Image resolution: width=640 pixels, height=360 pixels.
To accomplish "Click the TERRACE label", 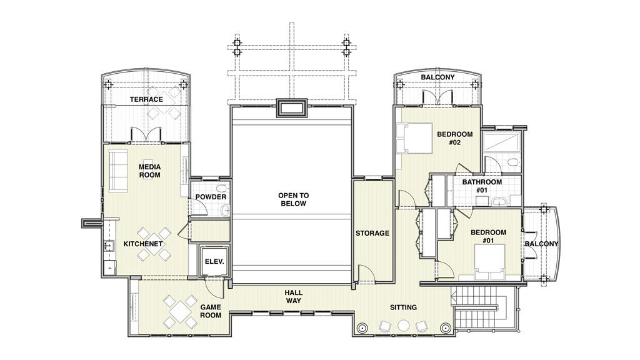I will click(x=146, y=99).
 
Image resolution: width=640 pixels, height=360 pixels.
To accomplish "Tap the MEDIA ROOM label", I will click(x=149, y=171).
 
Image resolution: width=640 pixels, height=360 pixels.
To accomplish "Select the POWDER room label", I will click(x=211, y=197).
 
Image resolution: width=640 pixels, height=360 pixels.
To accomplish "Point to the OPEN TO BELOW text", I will click(x=293, y=199).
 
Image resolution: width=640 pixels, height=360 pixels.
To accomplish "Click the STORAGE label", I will click(x=372, y=233).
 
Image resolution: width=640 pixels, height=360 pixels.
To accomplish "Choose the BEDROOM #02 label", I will click(x=454, y=138).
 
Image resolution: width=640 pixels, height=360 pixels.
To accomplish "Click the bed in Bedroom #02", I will click(x=413, y=137).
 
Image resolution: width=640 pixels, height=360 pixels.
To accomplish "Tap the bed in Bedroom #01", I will click(x=489, y=263).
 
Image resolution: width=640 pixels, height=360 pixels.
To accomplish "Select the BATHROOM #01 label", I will click(x=482, y=186).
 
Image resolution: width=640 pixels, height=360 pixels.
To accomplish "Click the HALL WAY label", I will click(x=294, y=297).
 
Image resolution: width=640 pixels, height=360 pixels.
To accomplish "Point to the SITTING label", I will click(x=404, y=307).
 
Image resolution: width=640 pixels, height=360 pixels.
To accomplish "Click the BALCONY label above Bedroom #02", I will click(x=437, y=77).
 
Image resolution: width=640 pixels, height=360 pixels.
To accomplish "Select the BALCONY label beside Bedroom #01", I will click(x=541, y=243).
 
